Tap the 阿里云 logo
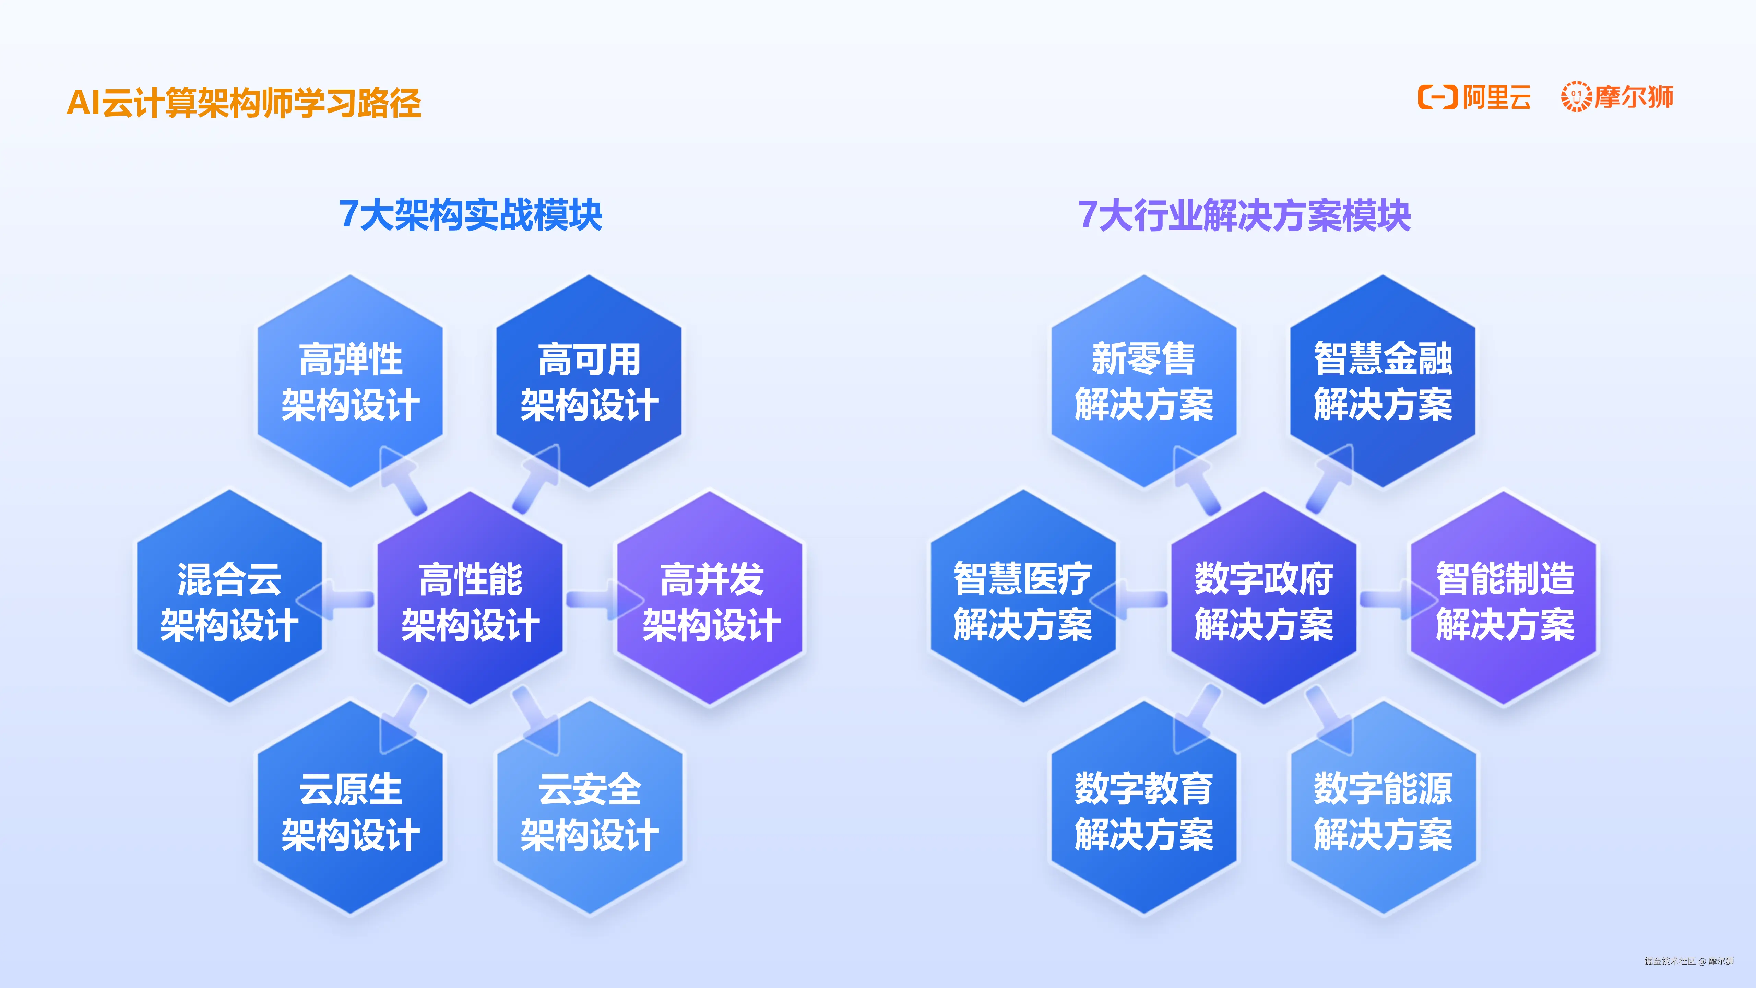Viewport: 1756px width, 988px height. (1474, 97)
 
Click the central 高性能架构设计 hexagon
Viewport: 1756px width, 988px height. (470, 600)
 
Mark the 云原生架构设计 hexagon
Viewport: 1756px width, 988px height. (351, 811)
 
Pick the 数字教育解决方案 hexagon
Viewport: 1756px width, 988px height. (1144, 811)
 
